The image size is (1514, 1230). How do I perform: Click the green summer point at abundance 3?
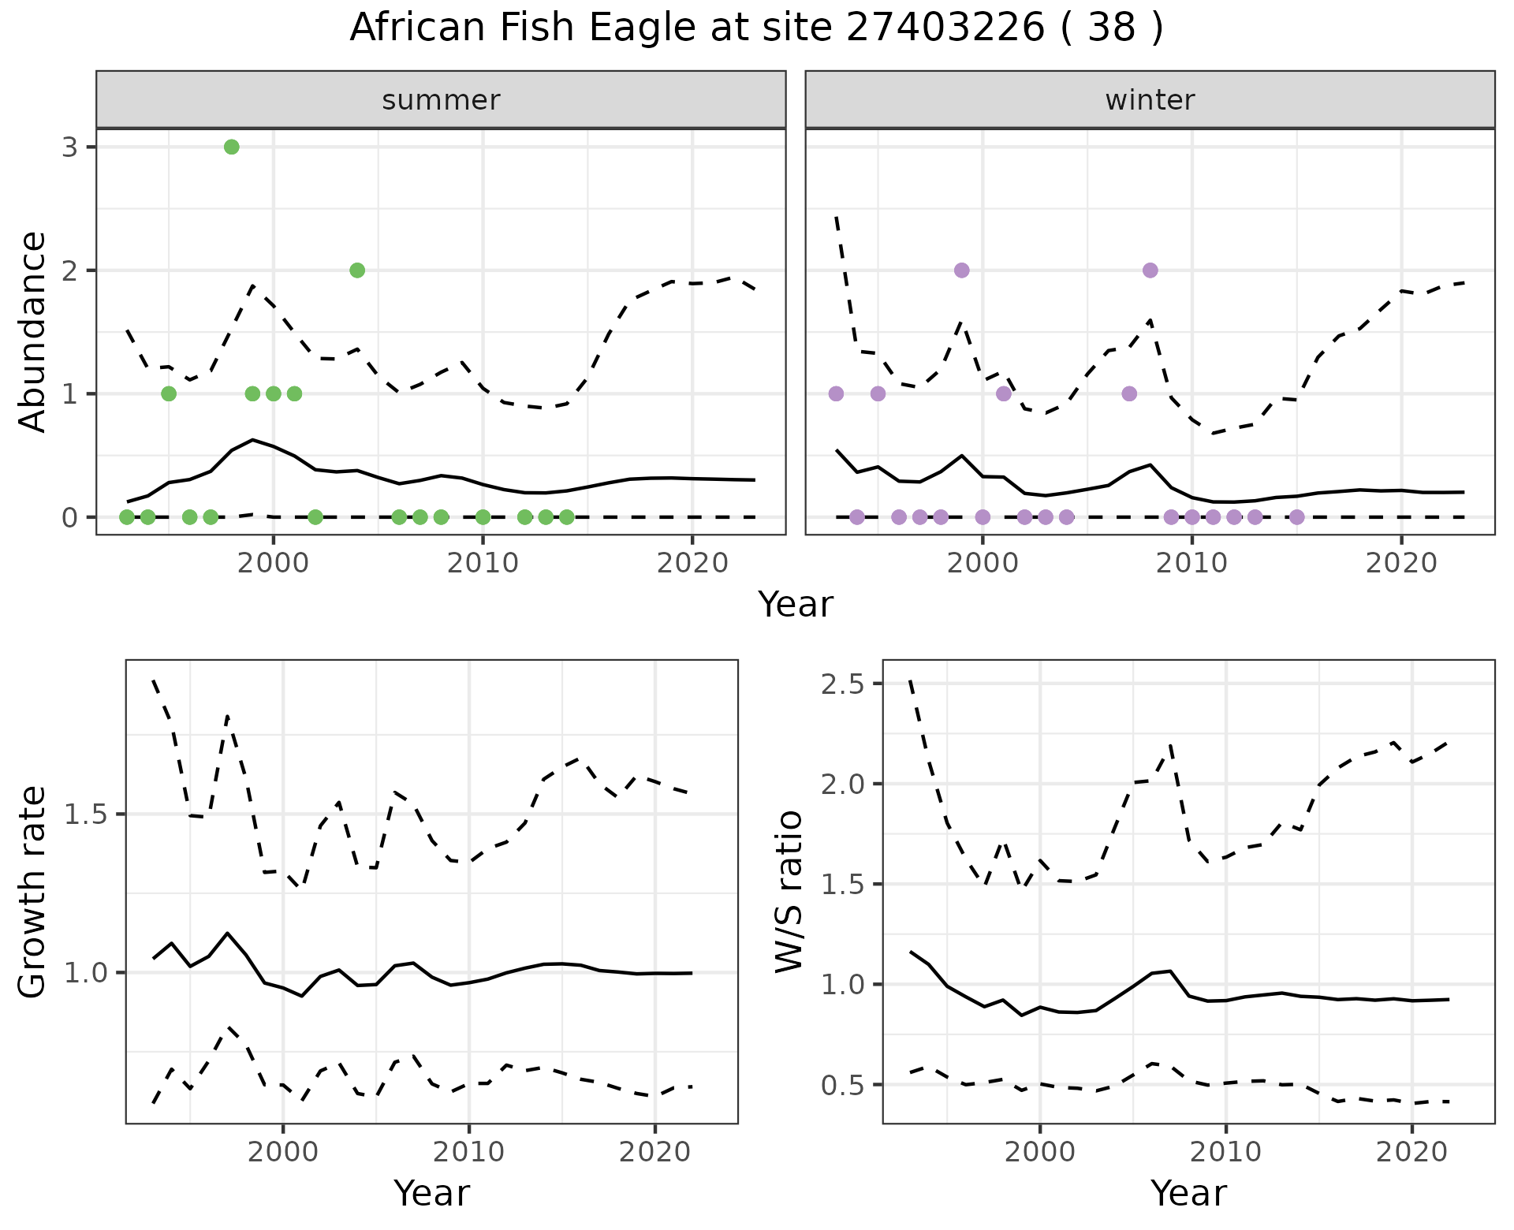pyautogui.click(x=231, y=147)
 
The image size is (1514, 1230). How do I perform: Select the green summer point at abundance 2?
pyautogui.click(x=357, y=270)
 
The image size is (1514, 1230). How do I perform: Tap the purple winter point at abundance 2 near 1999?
pyautogui.click(x=961, y=270)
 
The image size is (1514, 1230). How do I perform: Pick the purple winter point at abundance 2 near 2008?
pyautogui.click(x=1150, y=270)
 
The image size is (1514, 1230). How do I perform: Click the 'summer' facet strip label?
pyautogui.click(x=441, y=100)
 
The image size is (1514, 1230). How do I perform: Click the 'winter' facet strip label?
pyautogui.click(x=1150, y=100)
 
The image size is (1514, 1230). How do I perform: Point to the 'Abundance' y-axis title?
pyautogui.click(x=33, y=331)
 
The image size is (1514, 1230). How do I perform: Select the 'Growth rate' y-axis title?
pyautogui.click(x=33, y=892)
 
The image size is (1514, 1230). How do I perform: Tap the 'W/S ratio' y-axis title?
pyautogui.click(x=789, y=892)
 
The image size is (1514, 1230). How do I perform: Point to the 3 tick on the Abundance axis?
pyautogui.click(x=70, y=147)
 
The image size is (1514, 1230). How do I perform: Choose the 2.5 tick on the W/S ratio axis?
pyautogui.click(x=843, y=684)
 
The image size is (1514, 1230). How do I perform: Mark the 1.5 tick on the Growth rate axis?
pyautogui.click(x=86, y=814)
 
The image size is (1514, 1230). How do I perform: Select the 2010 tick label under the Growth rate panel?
pyautogui.click(x=468, y=1152)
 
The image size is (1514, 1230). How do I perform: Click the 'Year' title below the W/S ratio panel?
pyautogui.click(x=1188, y=1193)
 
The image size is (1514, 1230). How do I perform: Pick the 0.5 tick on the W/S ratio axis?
pyautogui.click(x=843, y=1086)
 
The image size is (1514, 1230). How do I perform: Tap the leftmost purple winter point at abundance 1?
pyautogui.click(x=837, y=393)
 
